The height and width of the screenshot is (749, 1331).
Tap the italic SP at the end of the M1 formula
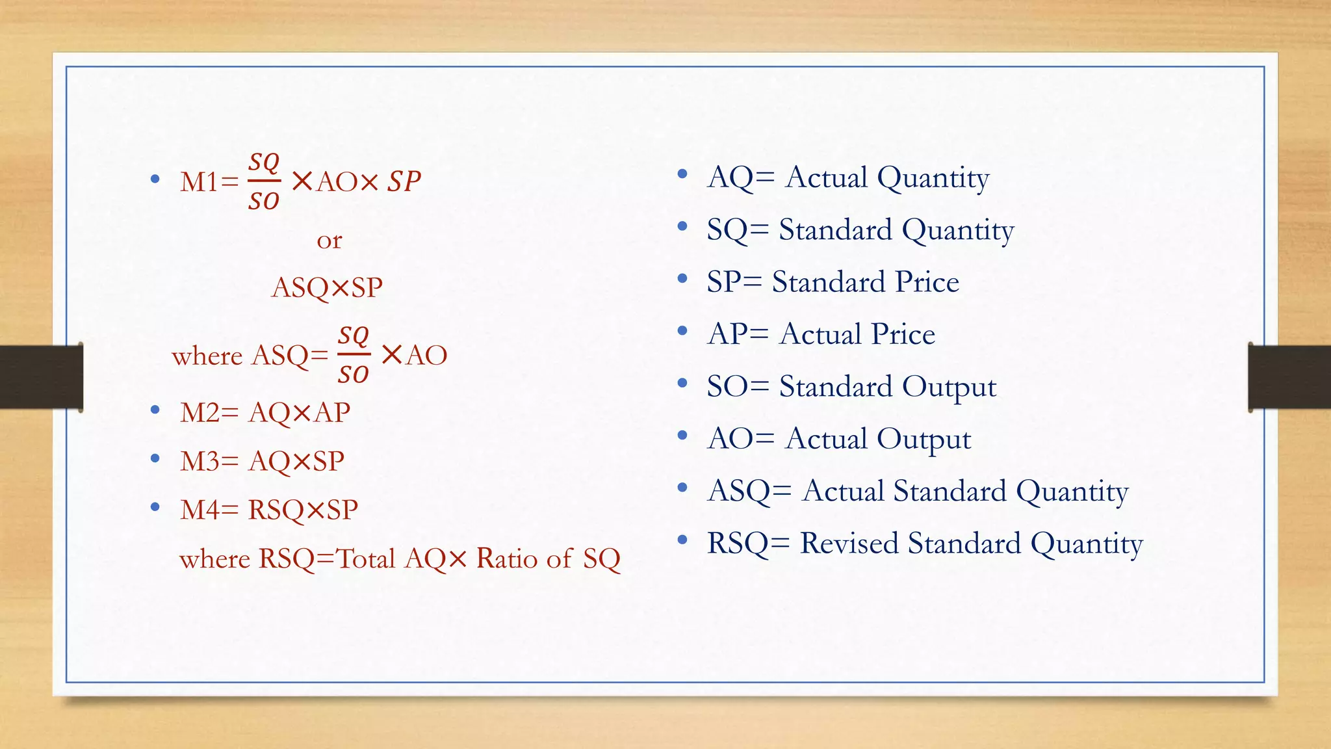(404, 182)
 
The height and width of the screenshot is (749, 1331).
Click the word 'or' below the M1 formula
(330, 241)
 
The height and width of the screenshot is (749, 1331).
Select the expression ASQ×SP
(327, 287)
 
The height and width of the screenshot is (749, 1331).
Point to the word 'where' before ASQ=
(207, 356)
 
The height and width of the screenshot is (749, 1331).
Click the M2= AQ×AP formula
(265, 413)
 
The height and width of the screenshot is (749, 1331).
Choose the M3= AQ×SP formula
(262, 461)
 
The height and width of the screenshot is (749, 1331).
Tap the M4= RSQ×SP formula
(269, 510)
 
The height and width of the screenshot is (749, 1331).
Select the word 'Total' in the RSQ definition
(365, 558)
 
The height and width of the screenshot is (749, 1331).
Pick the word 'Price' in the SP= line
(927, 282)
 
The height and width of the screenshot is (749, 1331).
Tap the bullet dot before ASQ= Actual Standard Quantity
(682, 488)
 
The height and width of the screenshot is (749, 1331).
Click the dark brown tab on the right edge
(1289, 378)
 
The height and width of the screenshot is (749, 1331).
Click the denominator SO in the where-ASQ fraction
(353, 374)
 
